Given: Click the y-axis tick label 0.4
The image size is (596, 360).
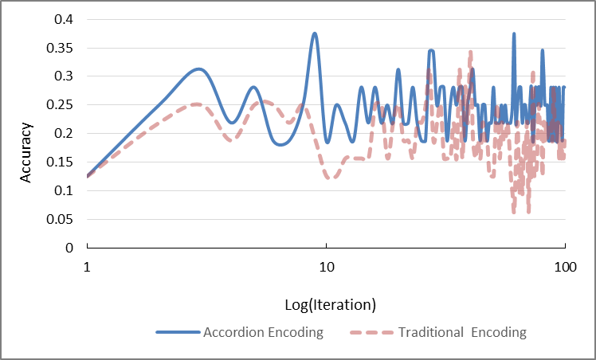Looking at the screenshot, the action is (64, 19).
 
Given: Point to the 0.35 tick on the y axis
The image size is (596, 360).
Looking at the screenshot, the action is (61, 48).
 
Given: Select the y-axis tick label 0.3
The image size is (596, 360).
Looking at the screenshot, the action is (64, 76).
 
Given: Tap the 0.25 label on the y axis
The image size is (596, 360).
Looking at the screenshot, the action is (61, 105).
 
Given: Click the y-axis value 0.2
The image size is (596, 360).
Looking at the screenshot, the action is (64, 133).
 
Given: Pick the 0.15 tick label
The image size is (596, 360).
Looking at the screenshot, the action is (61, 162).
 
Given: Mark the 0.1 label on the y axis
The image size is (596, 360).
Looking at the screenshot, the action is (64, 190).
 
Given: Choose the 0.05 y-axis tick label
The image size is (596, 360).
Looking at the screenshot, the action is (61, 219).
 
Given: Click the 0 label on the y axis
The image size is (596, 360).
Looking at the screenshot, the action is (69, 248).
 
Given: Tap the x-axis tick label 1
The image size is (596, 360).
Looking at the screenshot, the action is (88, 267).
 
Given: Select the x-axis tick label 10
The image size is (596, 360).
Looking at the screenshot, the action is (327, 267).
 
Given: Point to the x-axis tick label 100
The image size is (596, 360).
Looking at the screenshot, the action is (565, 267).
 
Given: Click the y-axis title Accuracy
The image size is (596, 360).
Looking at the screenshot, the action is (25, 152).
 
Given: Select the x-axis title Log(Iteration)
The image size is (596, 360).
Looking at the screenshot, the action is (331, 305).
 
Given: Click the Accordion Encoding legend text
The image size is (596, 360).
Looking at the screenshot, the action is (263, 332).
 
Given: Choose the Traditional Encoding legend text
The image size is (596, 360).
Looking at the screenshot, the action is (462, 332).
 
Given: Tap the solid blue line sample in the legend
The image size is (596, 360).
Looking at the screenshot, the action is (178, 332).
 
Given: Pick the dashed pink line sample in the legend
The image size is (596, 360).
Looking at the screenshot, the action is (371, 332).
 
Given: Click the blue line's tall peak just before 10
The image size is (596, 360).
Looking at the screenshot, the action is (315, 34).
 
